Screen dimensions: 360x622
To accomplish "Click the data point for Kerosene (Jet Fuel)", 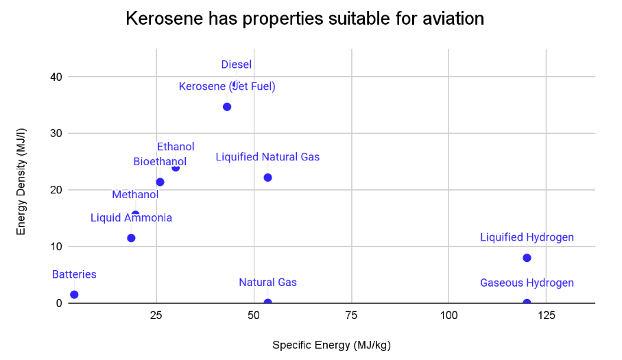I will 227,106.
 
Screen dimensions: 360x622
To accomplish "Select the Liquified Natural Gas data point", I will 267,178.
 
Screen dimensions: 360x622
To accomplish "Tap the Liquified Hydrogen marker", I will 527,258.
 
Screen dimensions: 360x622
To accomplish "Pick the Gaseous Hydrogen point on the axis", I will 527,302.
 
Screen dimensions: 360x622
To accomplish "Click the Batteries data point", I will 74,294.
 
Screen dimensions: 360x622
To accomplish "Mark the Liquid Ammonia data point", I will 131,238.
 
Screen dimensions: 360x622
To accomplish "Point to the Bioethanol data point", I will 160,182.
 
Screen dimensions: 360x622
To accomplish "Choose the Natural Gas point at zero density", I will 267,302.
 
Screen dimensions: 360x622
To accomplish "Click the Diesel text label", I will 236,65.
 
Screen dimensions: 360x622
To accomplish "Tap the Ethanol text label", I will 176,147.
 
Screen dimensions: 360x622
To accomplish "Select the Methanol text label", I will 135,195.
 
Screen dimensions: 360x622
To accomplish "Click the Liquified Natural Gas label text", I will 267,157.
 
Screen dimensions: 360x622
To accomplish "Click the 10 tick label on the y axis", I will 56,246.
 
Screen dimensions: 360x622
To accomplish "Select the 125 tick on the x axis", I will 546,315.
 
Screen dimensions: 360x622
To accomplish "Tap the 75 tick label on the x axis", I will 351,315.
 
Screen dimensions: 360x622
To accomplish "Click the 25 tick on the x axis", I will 156,315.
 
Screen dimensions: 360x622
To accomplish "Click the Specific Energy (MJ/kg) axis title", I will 331,345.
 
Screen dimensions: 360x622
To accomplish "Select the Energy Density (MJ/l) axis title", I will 21,189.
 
